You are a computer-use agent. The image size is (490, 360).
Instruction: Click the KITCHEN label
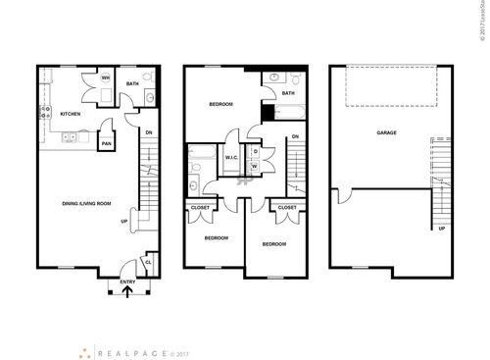(x=70, y=114)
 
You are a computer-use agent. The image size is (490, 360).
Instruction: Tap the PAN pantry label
(x=107, y=143)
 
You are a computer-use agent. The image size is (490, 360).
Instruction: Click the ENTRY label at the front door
(x=127, y=282)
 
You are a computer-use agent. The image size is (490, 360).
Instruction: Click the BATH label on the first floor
(x=132, y=83)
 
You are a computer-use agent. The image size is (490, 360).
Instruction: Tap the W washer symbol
(x=255, y=167)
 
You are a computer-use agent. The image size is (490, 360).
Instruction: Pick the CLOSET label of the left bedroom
(x=201, y=207)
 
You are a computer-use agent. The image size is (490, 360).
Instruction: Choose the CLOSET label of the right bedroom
(x=287, y=207)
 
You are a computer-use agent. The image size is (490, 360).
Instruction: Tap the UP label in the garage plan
(x=442, y=229)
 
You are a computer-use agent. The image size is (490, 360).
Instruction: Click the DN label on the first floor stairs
(x=148, y=132)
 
